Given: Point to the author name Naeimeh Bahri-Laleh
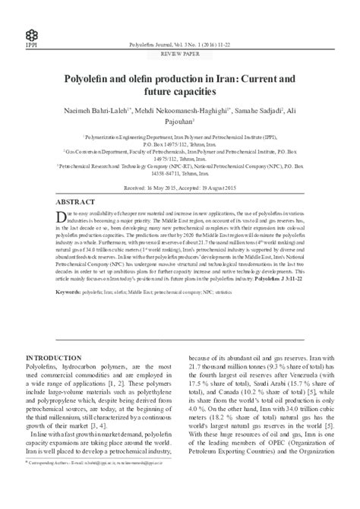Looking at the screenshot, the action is pyautogui.click(x=91, y=109).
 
